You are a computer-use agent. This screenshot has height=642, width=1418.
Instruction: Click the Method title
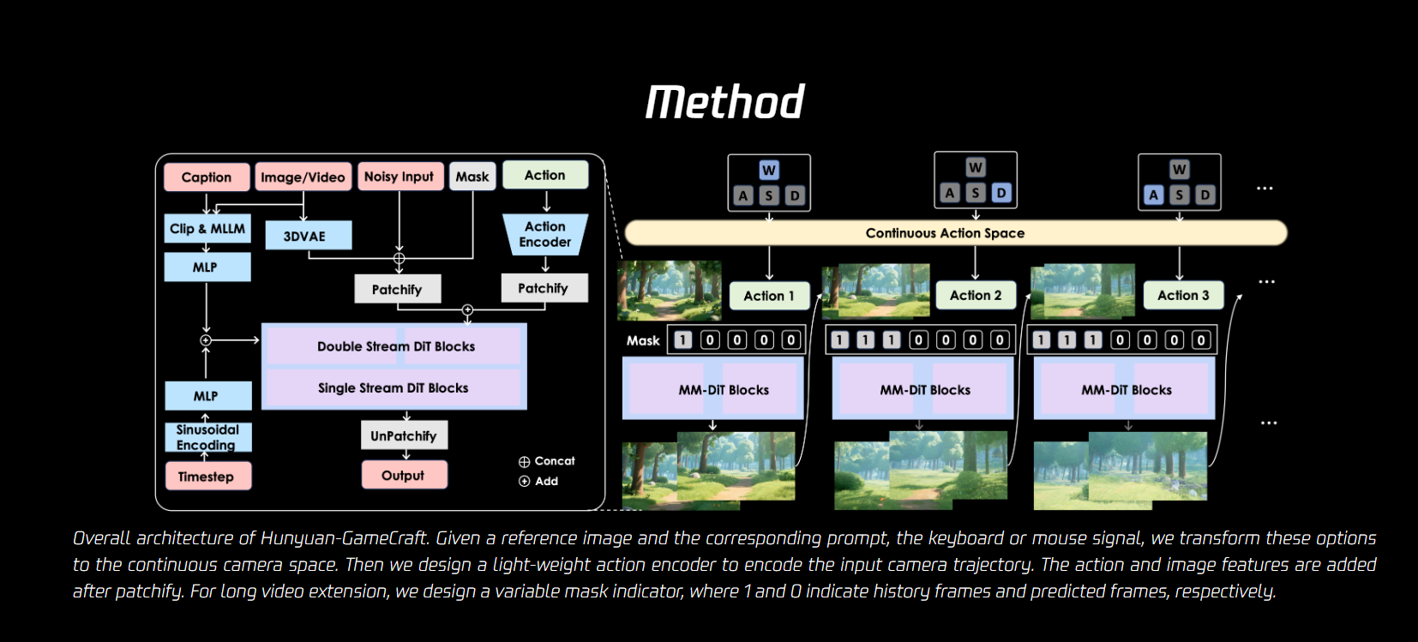coord(724,102)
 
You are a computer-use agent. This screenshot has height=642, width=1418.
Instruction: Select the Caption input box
coord(207,177)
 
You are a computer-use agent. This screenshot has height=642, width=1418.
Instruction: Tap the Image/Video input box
coord(303,177)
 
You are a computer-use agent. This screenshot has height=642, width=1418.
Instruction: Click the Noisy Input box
coord(400,177)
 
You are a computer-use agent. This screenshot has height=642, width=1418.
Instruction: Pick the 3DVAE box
coord(305,236)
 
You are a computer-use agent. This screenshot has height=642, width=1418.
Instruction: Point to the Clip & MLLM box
coord(207,229)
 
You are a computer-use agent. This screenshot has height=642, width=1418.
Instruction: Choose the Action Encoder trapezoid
coord(545,234)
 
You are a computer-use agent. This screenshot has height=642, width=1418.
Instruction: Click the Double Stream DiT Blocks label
coord(395,346)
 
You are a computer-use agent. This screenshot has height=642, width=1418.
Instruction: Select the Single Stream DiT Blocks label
coord(394,387)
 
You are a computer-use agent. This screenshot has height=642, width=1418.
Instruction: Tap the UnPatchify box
coord(404,435)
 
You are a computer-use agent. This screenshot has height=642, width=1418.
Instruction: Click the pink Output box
coord(404,475)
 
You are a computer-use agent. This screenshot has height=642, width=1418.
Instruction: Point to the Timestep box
coord(207,477)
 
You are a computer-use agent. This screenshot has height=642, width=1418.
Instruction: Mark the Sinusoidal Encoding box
coord(207,437)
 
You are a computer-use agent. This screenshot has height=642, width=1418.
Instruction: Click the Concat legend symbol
coord(525,462)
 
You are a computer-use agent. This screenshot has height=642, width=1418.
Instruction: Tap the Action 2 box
coord(976,295)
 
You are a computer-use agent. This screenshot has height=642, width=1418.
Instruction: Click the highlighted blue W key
coord(769,171)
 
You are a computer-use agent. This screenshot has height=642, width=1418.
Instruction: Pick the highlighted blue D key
coord(1001,193)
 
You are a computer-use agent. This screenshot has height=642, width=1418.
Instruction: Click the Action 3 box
coord(1183,295)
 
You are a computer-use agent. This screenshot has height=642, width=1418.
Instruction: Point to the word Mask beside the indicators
coord(643,340)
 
